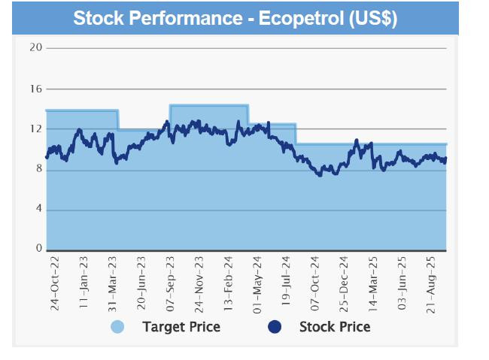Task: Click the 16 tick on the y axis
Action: [x=34, y=89]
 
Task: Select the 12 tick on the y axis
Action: [x=34, y=129]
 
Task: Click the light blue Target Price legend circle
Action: [x=117, y=327]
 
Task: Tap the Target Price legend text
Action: [x=181, y=327]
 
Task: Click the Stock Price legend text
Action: [x=335, y=327]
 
